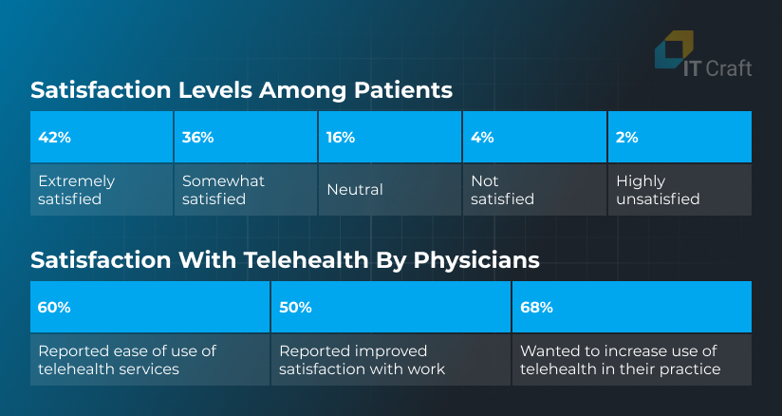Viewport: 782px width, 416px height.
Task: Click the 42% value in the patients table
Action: tap(54, 138)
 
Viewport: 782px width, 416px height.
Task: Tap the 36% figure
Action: tap(198, 138)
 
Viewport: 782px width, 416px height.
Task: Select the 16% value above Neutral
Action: tap(341, 138)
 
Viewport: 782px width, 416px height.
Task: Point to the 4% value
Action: tap(482, 138)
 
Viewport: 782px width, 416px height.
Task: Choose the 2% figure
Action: tap(627, 138)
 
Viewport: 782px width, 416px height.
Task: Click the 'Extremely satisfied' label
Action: tap(76, 190)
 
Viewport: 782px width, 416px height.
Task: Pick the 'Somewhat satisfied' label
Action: tap(223, 190)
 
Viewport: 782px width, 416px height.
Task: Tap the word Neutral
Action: tap(355, 190)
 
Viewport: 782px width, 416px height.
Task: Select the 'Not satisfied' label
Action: tap(502, 190)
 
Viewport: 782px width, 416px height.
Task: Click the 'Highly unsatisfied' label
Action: tap(658, 190)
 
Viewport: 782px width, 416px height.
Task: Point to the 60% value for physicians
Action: tap(54, 308)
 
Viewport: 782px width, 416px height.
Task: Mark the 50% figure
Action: tap(295, 308)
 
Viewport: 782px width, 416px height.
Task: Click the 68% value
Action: tap(536, 308)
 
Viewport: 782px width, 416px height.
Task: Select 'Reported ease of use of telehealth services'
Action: tap(127, 360)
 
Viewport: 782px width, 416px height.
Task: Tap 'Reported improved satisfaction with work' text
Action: tap(363, 360)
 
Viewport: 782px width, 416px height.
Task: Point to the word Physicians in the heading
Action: tap(476, 260)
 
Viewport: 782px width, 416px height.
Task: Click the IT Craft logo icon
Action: tap(674, 49)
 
